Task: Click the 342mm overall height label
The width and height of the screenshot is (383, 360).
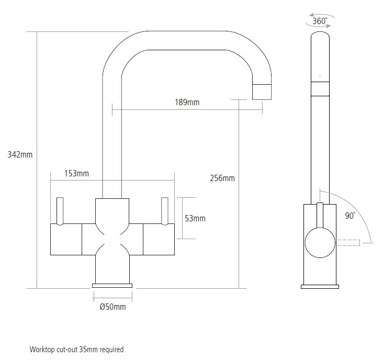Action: (x=20, y=154)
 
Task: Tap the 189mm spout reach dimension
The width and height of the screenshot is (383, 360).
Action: (x=187, y=102)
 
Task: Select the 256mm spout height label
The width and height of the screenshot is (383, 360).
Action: (x=222, y=178)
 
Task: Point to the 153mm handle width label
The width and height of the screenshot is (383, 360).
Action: (x=76, y=174)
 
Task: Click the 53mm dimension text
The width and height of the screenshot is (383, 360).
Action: (x=196, y=218)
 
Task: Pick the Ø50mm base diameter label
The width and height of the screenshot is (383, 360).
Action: (x=112, y=307)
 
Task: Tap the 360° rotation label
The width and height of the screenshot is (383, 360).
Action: (x=320, y=21)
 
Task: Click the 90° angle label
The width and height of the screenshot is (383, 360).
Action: (x=350, y=216)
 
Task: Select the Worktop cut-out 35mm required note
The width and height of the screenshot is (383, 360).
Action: (x=76, y=349)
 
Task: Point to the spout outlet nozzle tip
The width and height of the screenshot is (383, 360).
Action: (x=263, y=92)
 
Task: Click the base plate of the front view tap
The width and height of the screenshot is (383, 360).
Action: (x=112, y=285)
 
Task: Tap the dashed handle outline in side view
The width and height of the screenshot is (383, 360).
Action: (x=347, y=243)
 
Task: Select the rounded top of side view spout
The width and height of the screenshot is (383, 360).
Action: (x=320, y=37)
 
